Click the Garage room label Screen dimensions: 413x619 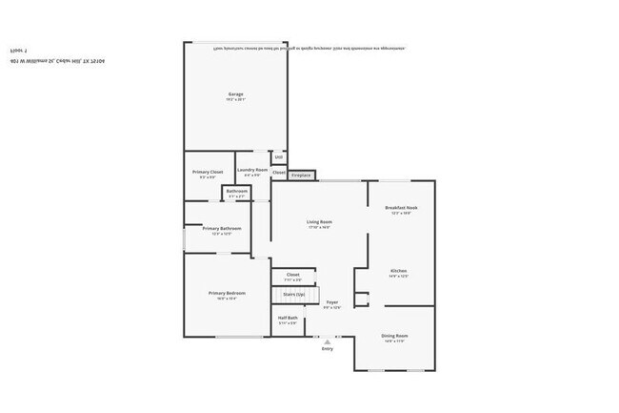click(236, 93)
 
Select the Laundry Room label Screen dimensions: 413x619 click(252, 170)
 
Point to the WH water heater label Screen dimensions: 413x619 click(278, 157)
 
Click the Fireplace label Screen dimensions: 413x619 click(301, 176)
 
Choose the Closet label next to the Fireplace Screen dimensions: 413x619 click(279, 173)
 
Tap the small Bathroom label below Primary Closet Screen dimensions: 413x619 click(237, 192)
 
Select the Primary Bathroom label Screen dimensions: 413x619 click(221, 229)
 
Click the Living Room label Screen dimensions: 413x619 click(319, 221)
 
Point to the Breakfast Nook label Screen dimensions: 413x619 click(401, 207)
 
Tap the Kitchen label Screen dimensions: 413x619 click(399, 271)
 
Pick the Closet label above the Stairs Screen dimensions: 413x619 click(292, 275)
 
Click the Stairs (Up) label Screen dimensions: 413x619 click(293, 295)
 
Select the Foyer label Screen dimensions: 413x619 click(331, 302)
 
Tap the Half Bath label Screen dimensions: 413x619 click(288, 319)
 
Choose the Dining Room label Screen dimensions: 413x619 click(394, 336)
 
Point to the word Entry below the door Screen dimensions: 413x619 click(328, 349)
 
